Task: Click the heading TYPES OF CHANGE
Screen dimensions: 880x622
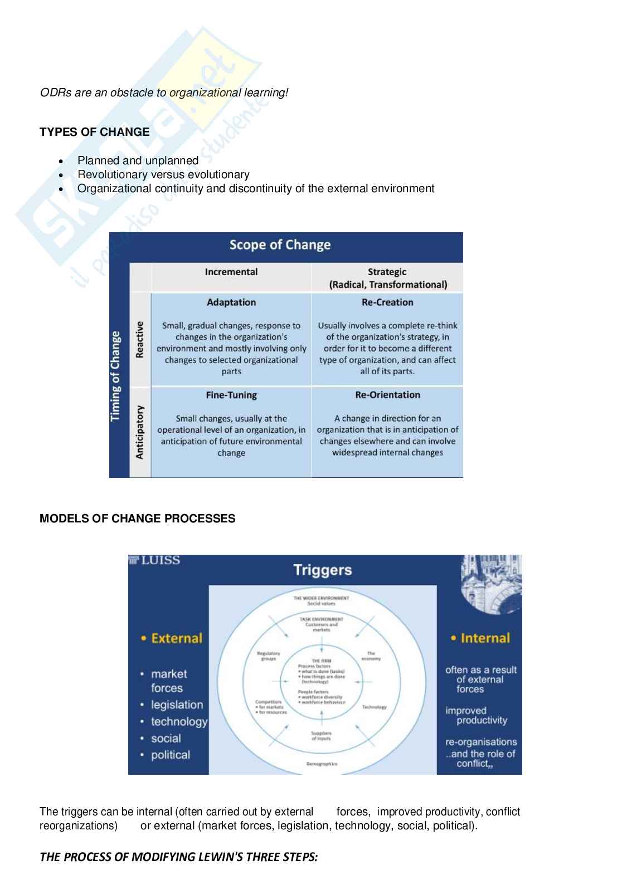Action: pyautogui.click(x=94, y=132)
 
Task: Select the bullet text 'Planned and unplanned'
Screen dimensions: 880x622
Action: pyautogui.click(x=138, y=160)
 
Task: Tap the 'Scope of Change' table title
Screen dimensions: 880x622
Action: pyautogui.click(x=280, y=245)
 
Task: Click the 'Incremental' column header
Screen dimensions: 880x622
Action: pyautogui.click(x=231, y=272)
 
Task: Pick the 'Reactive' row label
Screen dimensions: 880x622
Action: pyautogui.click(x=139, y=339)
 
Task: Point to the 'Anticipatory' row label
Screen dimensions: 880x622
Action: pyautogui.click(x=139, y=432)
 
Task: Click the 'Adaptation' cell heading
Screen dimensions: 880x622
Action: pyautogui.click(x=231, y=302)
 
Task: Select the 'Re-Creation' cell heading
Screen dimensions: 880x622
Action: pyautogui.click(x=387, y=302)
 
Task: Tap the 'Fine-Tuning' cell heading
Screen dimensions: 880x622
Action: pyautogui.click(x=231, y=395)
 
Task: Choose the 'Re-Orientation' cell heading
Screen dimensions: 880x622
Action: pyautogui.click(x=387, y=395)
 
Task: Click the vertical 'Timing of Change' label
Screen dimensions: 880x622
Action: pyautogui.click(x=116, y=377)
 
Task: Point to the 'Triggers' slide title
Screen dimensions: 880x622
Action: pyautogui.click(x=322, y=570)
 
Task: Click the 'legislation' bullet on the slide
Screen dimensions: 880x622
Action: pyautogui.click(x=177, y=705)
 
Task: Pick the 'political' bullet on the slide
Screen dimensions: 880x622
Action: pyautogui.click(x=170, y=755)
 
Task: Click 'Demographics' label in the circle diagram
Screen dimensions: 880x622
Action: pyautogui.click(x=322, y=764)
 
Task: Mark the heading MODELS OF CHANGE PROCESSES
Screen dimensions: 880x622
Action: pyautogui.click(x=137, y=519)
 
